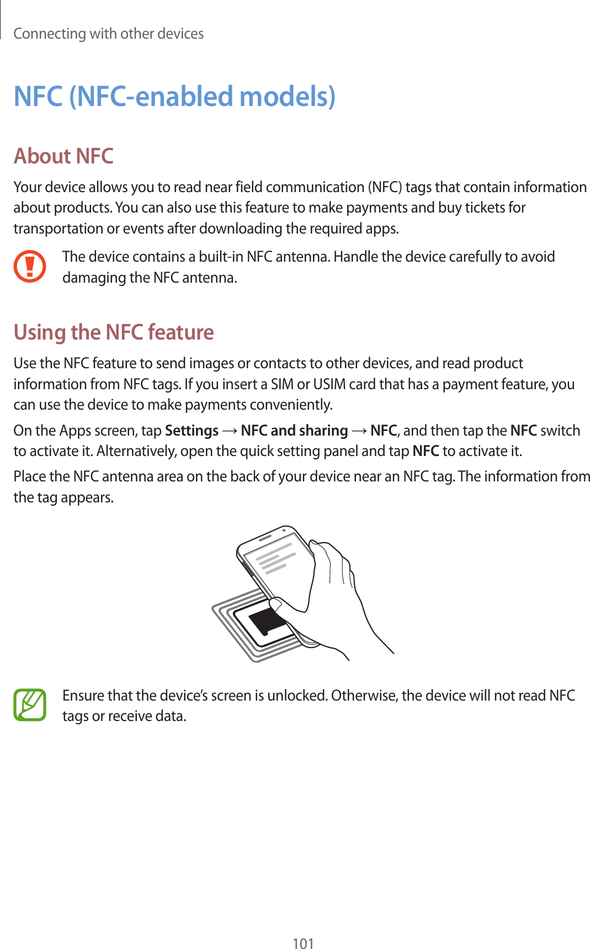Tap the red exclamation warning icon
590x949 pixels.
coord(30,267)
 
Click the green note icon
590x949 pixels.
coord(30,705)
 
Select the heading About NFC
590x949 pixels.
coord(63,156)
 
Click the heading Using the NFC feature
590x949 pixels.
coord(114,332)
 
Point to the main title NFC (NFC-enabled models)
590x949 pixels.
coord(174,96)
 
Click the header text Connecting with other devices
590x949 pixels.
coord(109,34)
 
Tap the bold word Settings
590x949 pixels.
coord(192,431)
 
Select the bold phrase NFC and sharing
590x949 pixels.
coord(294,431)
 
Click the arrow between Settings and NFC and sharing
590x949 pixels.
coord(230,431)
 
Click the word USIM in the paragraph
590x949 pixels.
coord(329,384)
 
